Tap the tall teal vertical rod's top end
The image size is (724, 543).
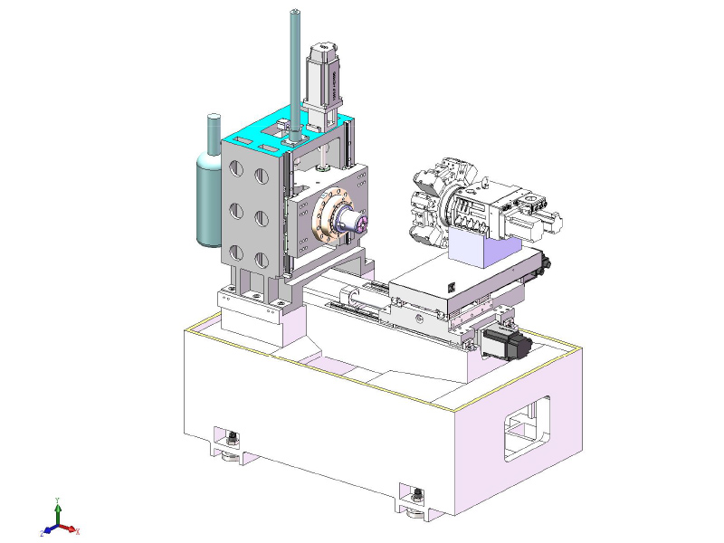(295, 13)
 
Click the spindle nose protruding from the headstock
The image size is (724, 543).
(351, 221)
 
